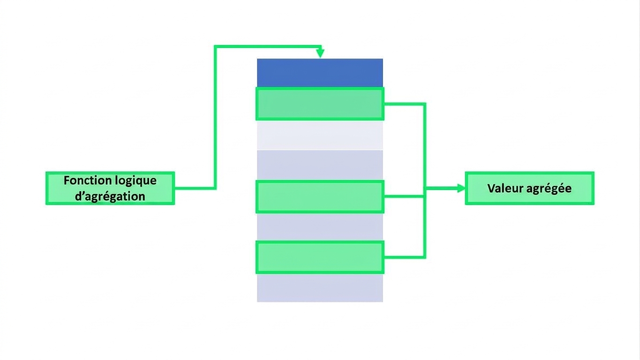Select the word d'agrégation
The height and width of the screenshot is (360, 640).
click(x=110, y=196)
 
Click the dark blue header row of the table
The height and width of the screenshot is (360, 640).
click(x=320, y=73)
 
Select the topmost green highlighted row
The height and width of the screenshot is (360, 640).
click(x=320, y=104)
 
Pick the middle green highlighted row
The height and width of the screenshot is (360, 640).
click(x=320, y=196)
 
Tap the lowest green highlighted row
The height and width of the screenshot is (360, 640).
click(x=320, y=257)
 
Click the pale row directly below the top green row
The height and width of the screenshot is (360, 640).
click(x=320, y=135)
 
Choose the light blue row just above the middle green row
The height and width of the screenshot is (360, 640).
click(x=320, y=165)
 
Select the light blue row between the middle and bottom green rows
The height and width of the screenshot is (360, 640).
click(x=320, y=227)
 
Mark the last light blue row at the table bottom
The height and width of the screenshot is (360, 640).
click(x=320, y=288)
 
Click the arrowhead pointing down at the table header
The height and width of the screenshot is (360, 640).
click(x=320, y=53)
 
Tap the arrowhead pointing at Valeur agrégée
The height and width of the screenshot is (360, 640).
click(x=461, y=188)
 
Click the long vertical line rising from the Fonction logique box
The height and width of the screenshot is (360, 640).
click(x=215, y=117)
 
